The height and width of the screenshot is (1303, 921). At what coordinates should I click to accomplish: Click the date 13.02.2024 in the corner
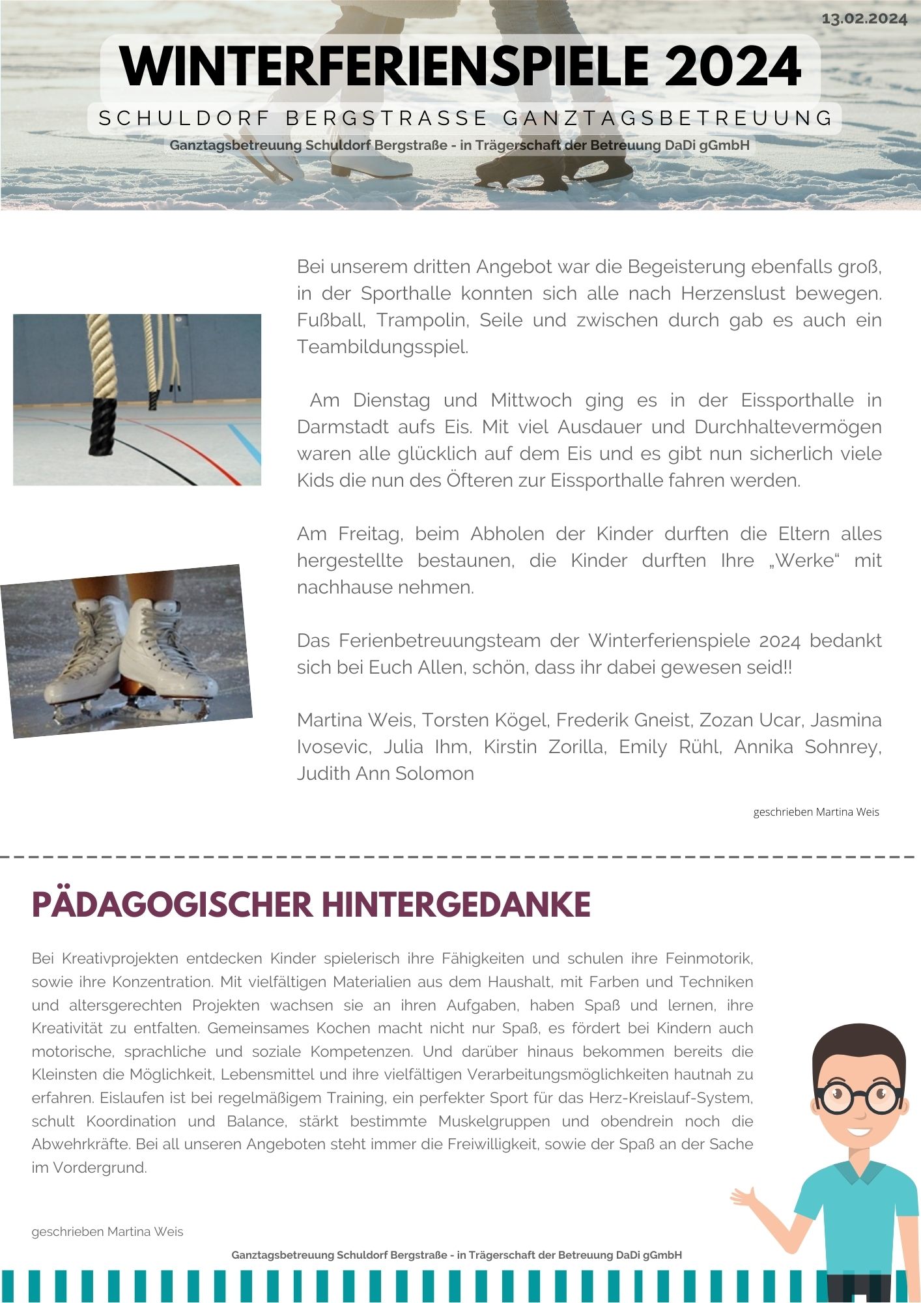[864, 19]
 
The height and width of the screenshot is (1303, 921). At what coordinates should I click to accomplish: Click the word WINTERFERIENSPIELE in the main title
[384, 66]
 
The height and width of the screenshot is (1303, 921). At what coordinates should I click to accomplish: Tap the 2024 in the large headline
[732, 66]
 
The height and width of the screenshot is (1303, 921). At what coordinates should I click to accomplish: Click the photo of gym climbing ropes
[137, 399]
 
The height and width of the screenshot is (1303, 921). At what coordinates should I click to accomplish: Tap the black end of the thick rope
[103, 427]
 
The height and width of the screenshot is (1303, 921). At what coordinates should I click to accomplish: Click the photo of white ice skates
[126, 651]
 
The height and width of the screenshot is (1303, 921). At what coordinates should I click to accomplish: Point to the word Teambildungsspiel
[382, 347]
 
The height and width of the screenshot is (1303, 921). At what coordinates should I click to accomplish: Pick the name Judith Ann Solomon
[385, 773]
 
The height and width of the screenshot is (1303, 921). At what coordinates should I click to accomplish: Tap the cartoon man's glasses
[859, 1098]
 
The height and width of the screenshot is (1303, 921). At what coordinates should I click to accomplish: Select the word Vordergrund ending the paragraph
[99, 1167]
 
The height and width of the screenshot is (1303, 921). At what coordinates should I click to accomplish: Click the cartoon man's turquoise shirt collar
[859, 1171]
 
